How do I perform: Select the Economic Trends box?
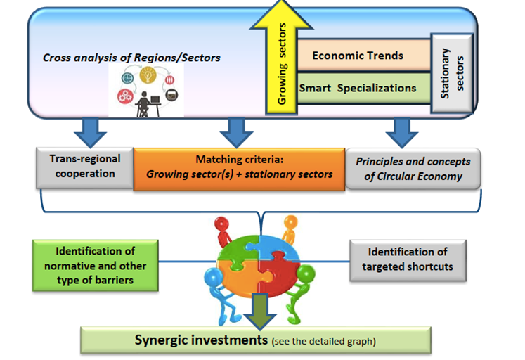coord(363,55)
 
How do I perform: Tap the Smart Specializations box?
coord(363,88)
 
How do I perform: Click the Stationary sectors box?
coord(452,73)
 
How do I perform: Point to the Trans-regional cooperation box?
coord(85,167)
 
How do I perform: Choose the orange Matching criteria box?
coord(239,169)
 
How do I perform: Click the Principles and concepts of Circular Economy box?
coord(413,169)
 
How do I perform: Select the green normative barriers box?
coord(96,265)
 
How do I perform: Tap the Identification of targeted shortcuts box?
coord(408,260)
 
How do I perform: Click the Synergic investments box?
coord(255,340)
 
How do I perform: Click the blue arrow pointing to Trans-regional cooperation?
coord(91,133)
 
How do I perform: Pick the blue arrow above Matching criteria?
coord(237,133)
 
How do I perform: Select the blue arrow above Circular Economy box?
coord(402,133)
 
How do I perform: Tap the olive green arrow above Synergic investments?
coord(260,311)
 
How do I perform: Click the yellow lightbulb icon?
coord(148,75)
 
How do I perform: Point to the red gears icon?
coord(125,96)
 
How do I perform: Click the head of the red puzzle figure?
coord(221,224)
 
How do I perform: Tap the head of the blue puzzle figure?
coord(213,277)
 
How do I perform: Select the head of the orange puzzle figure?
coord(290,221)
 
